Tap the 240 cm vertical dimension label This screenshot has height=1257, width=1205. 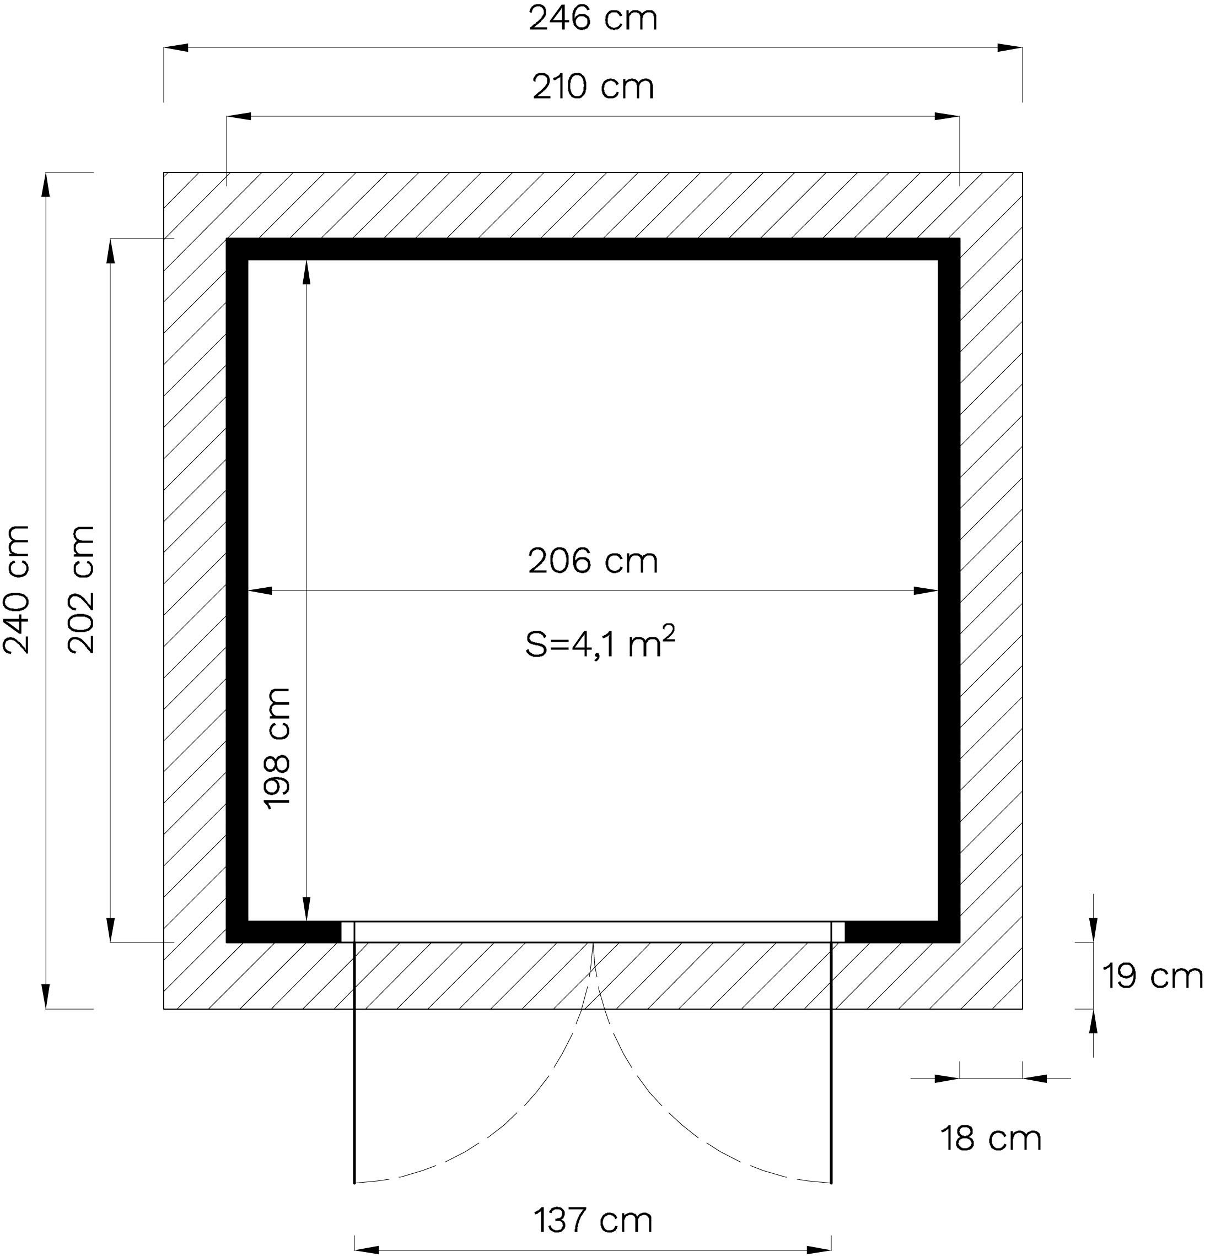click(x=17, y=589)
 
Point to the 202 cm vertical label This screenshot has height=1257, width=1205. click(x=82, y=589)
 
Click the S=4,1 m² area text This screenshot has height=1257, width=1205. click(x=600, y=644)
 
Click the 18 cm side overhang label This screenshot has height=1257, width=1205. click(x=991, y=1139)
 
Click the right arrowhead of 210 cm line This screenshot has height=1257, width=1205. click(x=948, y=117)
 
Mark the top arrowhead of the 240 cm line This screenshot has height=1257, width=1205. click(x=46, y=185)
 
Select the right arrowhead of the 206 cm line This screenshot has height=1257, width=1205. click(x=927, y=590)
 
